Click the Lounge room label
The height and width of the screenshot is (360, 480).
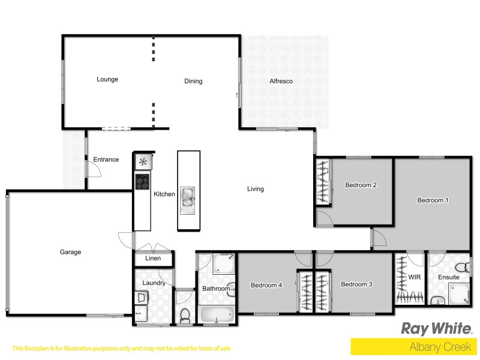tap(107, 79)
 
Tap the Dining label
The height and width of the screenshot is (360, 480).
tap(193, 81)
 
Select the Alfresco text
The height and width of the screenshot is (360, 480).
tap(280, 81)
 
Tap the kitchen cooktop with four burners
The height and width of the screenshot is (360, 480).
tap(143, 181)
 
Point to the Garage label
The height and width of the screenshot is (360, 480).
tap(70, 252)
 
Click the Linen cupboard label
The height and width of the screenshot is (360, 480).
tap(154, 259)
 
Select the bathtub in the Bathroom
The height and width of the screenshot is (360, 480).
tap(217, 314)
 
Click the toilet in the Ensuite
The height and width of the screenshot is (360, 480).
tap(461, 268)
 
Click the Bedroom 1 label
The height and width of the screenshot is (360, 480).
tap(433, 200)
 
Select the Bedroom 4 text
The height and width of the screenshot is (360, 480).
tap(266, 285)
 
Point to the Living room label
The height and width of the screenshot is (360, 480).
tap(256, 189)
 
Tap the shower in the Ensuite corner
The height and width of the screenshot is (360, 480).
tap(460, 293)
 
